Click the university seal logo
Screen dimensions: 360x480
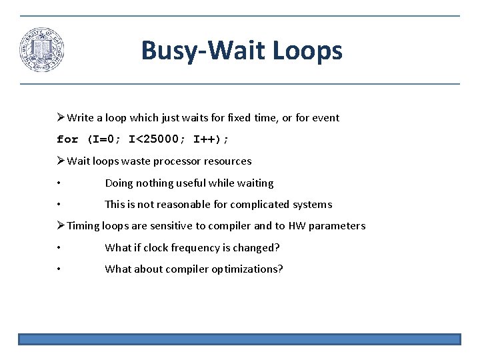click(41, 50)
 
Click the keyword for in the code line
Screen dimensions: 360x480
click(67, 139)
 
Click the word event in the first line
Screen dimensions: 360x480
click(324, 118)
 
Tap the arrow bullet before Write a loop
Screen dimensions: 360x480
click(61, 118)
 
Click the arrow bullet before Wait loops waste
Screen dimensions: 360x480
click(61, 161)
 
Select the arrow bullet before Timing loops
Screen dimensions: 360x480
click(61, 225)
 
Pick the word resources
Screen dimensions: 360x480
click(227, 161)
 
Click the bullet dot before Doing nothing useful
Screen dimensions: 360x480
click(59, 183)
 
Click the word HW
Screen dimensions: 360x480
click(297, 226)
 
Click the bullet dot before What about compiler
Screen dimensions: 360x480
click(59, 269)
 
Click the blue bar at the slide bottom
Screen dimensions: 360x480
click(239, 339)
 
